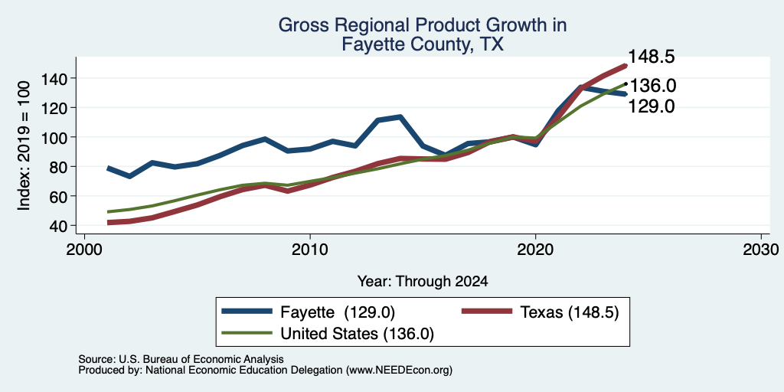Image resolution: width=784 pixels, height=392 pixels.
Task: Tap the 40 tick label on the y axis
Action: pyautogui.click(x=59, y=226)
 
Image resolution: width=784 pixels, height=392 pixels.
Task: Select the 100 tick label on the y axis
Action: pyautogui.click(x=55, y=137)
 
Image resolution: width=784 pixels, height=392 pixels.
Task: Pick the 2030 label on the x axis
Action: pyautogui.click(x=761, y=249)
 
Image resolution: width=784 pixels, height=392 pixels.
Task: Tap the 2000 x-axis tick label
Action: pyautogui.click(x=84, y=249)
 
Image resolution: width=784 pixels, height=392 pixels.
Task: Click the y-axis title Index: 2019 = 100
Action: pyautogui.click(x=24, y=145)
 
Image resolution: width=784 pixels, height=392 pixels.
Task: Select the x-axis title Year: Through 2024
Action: pyautogui.click(x=423, y=282)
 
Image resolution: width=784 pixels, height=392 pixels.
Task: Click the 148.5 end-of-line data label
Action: pyautogui.click(x=651, y=57)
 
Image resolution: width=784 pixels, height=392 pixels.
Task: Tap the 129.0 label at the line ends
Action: pyautogui.click(x=651, y=106)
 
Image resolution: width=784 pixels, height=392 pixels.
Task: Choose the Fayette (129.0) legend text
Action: pyautogui.click(x=338, y=312)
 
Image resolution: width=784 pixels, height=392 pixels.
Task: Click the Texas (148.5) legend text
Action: pyautogui.click(x=570, y=312)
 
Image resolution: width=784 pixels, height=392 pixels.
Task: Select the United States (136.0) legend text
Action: pyautogui.click(x=357, y=334)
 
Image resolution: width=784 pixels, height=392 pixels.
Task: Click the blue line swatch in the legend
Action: pyautogui.click(x=247, y=312)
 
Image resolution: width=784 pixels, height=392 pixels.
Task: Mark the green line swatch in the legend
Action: pyautogui.click(x=247, y=332)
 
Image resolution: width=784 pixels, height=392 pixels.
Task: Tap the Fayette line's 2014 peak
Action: pyautogui.click(x=400, y=117)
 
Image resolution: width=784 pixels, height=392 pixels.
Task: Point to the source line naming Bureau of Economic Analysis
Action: pyautogui.click(x=181, y=359)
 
